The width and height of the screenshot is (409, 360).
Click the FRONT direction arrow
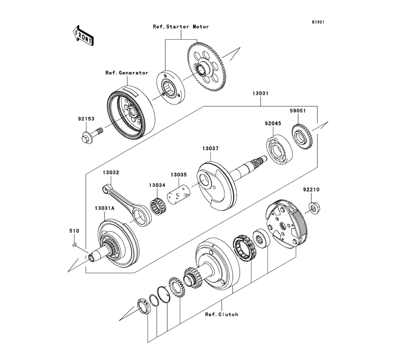83,36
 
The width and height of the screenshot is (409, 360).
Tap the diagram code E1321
318,22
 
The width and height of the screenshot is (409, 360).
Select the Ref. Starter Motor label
181,27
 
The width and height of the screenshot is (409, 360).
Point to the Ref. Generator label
127,73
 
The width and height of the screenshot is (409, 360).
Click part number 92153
86,119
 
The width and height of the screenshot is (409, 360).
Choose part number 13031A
105,209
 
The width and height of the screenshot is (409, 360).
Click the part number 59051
298,110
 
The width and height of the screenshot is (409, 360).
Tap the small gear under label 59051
301,137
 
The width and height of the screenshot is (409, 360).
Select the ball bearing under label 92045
279,149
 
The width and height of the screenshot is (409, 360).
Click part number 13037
211,148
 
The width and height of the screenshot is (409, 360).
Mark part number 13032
111,173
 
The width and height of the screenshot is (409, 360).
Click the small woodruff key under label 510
74,245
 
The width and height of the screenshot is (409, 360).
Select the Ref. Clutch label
222,314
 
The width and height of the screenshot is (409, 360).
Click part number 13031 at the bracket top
260,93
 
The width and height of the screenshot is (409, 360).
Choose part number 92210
311,190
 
